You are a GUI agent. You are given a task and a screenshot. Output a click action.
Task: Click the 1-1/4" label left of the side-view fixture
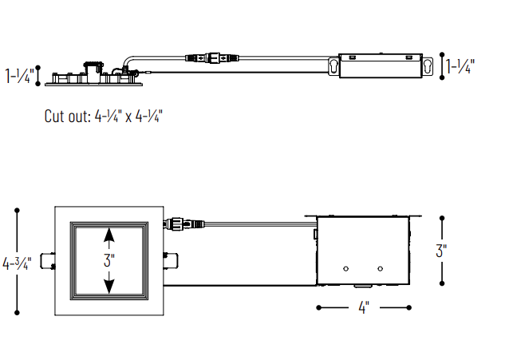[x=19, y=76]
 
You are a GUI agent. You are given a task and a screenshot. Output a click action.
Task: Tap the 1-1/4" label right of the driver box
[x=460, y=66]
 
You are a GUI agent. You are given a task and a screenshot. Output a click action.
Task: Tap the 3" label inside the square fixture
[x=109, y=260]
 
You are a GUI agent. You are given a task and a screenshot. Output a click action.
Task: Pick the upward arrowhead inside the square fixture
[x=109, y=235]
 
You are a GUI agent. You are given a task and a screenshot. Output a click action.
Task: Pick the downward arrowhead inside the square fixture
[x=109, y=285]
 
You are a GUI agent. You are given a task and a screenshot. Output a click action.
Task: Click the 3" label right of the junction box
[x=440, y=250]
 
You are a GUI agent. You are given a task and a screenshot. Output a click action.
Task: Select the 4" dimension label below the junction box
[x=364, y=308]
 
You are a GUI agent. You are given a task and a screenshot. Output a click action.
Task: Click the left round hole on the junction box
[x=346, y=267]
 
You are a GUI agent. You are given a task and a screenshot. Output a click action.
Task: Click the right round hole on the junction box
[x=381, y=267]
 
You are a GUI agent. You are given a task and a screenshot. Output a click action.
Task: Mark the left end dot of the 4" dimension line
[x=318, y=307]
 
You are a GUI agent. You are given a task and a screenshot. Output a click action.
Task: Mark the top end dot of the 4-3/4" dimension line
[x=18, y=209]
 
